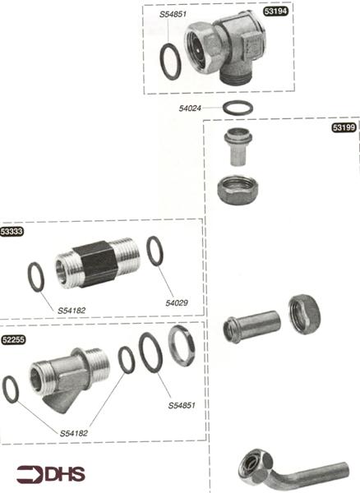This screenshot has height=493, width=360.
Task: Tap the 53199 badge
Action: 343,127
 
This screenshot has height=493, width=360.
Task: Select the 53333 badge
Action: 13,233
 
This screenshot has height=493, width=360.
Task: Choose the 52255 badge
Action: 13,338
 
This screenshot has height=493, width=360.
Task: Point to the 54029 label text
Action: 177,303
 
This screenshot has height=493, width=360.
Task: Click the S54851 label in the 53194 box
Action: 173,14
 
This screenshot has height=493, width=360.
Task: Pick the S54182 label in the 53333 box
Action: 72,310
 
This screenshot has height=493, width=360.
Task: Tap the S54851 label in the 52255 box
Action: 182,405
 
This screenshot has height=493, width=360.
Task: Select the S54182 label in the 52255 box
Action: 74,433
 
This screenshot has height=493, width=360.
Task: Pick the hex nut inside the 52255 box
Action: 182,345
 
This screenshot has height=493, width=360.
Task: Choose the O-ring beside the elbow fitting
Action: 170,61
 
